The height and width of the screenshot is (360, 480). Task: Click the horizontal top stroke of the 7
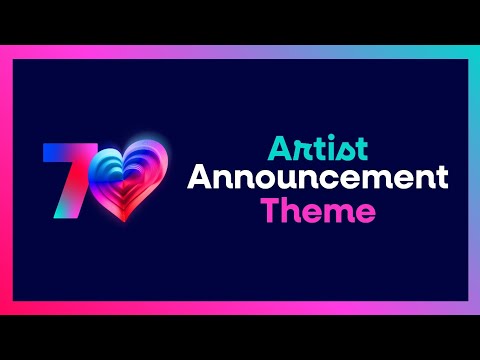tap(62, 151)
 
